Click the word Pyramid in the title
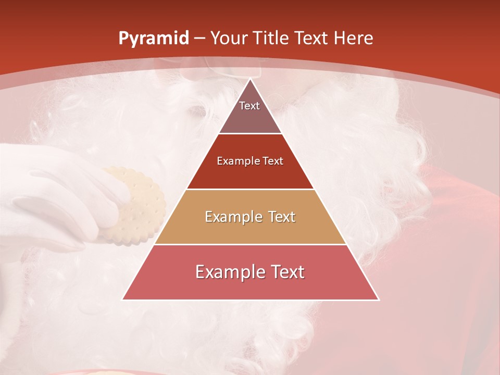153,39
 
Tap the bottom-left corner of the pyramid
123,299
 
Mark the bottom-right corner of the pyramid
378,299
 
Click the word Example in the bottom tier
227,272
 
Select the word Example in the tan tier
232,217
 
